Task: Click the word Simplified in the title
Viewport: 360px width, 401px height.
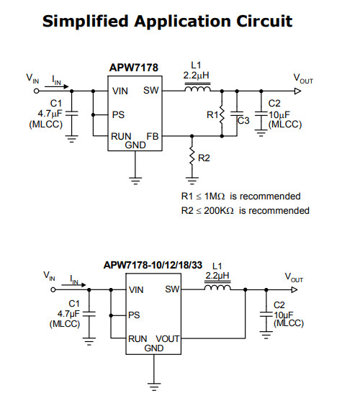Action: coord(86,22)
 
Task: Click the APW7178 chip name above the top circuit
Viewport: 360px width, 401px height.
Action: coord(134,68)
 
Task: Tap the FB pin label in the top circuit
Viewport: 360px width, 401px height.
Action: coord(153,136)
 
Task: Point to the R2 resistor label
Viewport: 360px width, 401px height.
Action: coord(204,158)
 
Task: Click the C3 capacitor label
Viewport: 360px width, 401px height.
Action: coord(243,120)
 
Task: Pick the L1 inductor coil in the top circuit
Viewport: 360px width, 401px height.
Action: coord(197,89)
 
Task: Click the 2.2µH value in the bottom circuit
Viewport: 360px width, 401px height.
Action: coord(217,276)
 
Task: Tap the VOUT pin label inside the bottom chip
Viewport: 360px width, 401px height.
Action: coord(168,339)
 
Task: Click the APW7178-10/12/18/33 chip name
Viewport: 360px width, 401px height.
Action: coord(153,265)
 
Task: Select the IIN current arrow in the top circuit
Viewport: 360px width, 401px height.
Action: coord(57,86)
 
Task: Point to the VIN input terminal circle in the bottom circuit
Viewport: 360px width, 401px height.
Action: coord(53,289)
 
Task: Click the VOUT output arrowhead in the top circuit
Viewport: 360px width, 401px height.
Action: coord(298,91)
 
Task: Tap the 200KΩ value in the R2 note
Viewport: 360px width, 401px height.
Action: coord(219,211)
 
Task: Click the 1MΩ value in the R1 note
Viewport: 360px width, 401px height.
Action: coord(215,197)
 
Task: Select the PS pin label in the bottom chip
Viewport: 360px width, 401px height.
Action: coord(134,315)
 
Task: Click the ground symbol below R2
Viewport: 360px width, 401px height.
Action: coord(192,181)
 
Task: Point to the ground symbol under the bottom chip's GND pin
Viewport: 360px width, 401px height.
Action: coord(154,387)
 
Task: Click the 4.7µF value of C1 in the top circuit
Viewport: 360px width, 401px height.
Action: coord(50,114)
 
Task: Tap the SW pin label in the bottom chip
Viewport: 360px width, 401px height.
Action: coord(172,289)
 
